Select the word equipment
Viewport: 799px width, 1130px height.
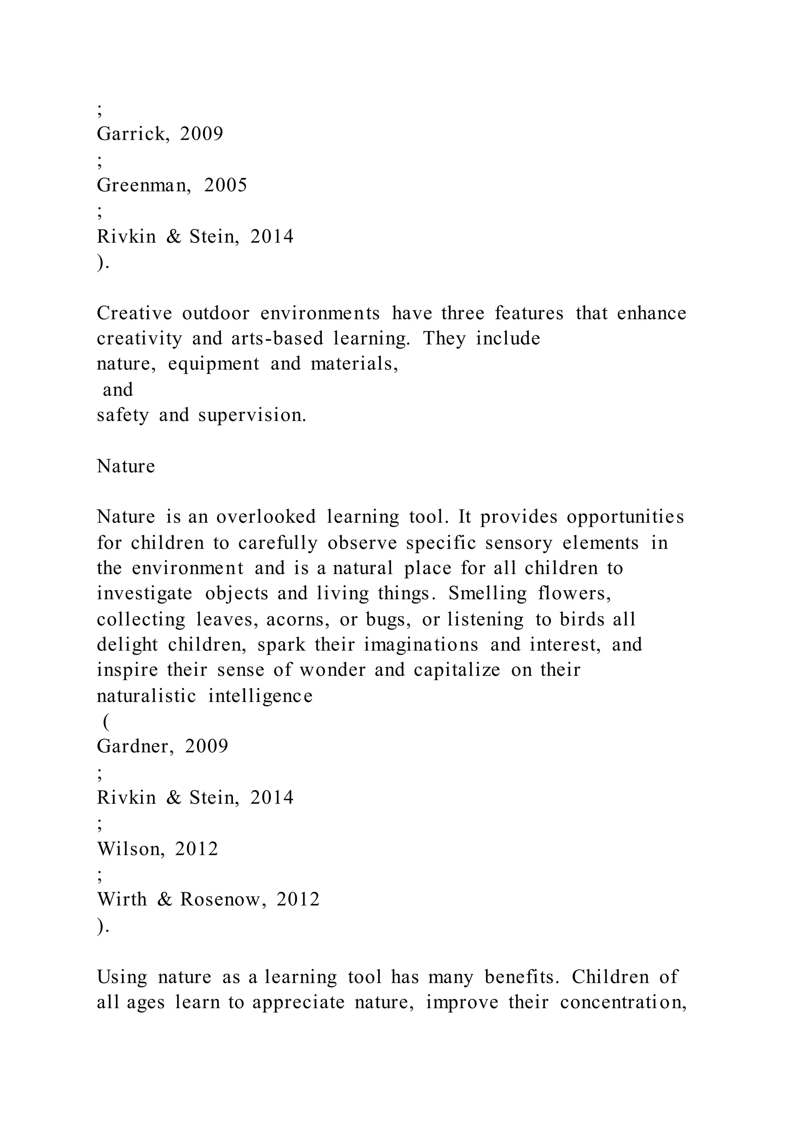(213, 364)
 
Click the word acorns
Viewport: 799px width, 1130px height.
(298, 619)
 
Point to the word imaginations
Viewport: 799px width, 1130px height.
(421, 645)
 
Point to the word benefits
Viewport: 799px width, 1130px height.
(522, 977)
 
